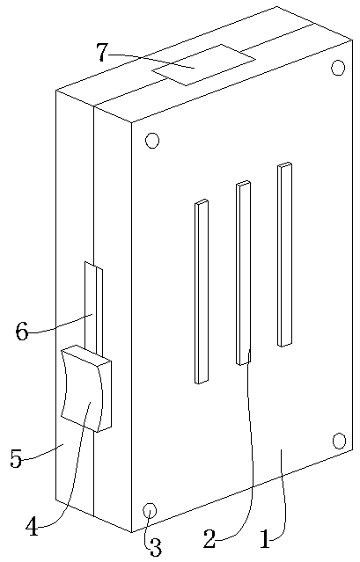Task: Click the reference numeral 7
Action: coord(103,52)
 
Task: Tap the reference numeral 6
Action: coord(22,332)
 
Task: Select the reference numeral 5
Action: coord(16,458)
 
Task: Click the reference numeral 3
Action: coord(155,547)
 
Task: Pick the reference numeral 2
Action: coord(210,539)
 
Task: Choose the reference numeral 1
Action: coord(265,539)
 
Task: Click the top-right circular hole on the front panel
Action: coord(338,68)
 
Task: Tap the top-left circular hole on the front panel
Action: coord(152,141)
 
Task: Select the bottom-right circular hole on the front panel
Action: coord(339,441)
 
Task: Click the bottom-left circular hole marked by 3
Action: coord(150,510)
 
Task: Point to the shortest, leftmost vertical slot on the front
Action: coord(202,291)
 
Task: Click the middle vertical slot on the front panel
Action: coord(243,273)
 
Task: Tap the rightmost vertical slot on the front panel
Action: coord(284,254)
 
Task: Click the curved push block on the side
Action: coord(86,388)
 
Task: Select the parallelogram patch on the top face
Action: coord(203,65)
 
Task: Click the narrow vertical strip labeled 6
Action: coord(93,308)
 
